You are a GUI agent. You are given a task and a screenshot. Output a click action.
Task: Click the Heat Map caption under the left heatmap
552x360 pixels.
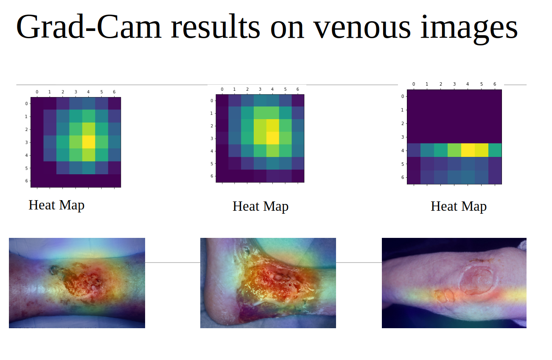click(x=56, y=205)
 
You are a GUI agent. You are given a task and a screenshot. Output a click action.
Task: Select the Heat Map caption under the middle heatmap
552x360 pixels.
click(x=261, y=207)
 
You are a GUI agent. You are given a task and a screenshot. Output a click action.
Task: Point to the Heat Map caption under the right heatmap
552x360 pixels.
click(x=459, y=207)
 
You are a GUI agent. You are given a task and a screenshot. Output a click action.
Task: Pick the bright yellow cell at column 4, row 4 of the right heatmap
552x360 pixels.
click(x=468, y=150)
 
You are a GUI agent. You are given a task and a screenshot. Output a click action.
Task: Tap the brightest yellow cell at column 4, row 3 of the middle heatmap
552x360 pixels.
click(x=272, y=138)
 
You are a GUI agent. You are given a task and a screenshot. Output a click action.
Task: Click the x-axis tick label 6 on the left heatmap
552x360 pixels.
click(x=114, y=92)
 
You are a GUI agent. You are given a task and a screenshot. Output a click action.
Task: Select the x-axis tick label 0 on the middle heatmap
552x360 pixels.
click(x=222, y=89)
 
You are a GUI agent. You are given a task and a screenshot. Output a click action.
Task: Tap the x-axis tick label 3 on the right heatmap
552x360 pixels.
click(x=454, y=84)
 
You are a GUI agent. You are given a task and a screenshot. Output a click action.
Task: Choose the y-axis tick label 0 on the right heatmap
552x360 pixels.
click(x=402, y=96)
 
